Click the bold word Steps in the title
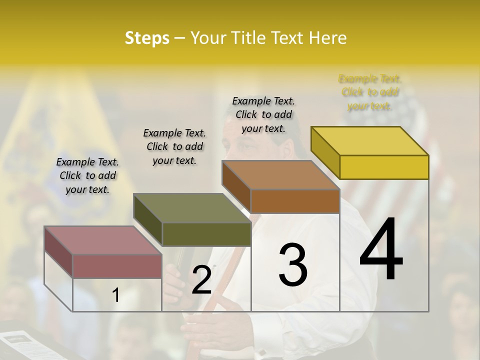[146, 38]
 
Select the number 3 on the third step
[292, 265]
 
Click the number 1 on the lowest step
[115, 295]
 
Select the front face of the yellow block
[384, 167]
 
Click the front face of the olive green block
[206, 234]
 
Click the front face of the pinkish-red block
[117, 266]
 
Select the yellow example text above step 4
[370, 92]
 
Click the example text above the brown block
[263, 115]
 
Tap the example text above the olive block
[174, 146]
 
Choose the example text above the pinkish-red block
[87, 175]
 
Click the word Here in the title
[328, 38]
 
